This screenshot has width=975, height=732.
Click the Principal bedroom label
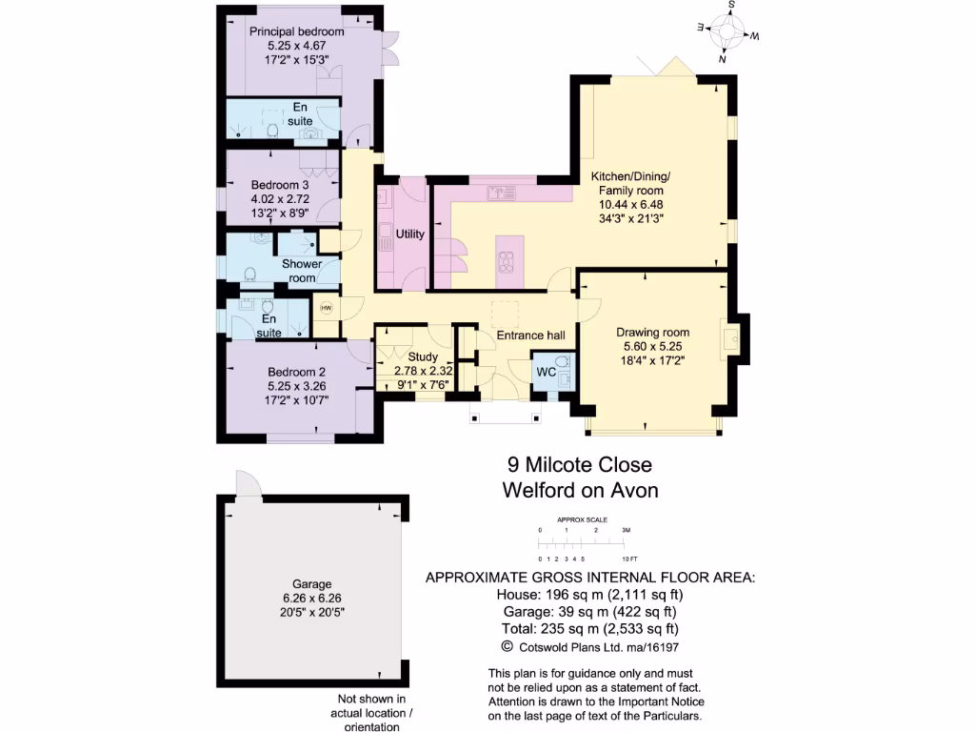pyautogui.click(x=296, y=31)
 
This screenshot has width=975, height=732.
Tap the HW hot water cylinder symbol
pyautogui.click(x=327, y=308)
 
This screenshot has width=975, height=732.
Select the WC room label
pyautogui.click(x=547, y=371)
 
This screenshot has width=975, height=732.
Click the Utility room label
pyautogui.click(x=410, y=234)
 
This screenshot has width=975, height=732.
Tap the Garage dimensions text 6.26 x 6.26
pyautogui.click(x=312, y=598)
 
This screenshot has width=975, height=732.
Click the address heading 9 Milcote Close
pyautogui.click(x=580, y=465)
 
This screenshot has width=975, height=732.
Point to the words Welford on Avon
pyautogui.click(x=580, y=491)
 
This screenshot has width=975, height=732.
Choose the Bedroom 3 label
pyautogui.click(x=280, y=185)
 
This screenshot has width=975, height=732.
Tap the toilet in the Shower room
pyautogui.click(x=249, y=275)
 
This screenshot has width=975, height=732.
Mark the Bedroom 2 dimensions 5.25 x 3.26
pyautogui.click(x=296, y=386)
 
